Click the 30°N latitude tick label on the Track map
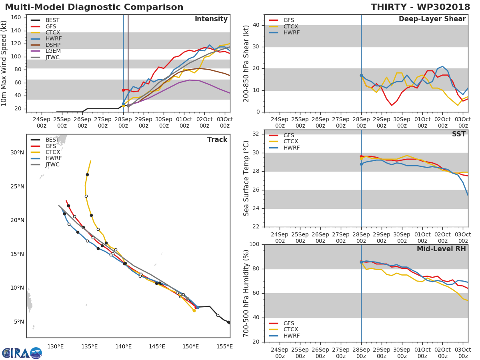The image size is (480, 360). pyautogui.click(x=17, y=153)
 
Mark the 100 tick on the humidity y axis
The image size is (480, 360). pyautogui.click(x=255, y=244)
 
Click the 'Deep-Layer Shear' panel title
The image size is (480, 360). pyautogui.click(x=432, y=19)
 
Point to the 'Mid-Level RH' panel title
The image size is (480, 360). pyautogui.click(x=441, y=249)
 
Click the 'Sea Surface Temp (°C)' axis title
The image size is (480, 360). pyautogui.click(x=247, y=178)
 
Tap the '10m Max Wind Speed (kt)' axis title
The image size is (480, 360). pyautogui.click(x=4, y=63)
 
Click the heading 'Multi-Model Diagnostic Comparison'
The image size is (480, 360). pyautogui.click(x=94, y=7)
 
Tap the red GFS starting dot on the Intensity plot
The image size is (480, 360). pyautogui.click(x=123, y=90)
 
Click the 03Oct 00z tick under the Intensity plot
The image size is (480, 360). pyautogui.click(x=225, y=122)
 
